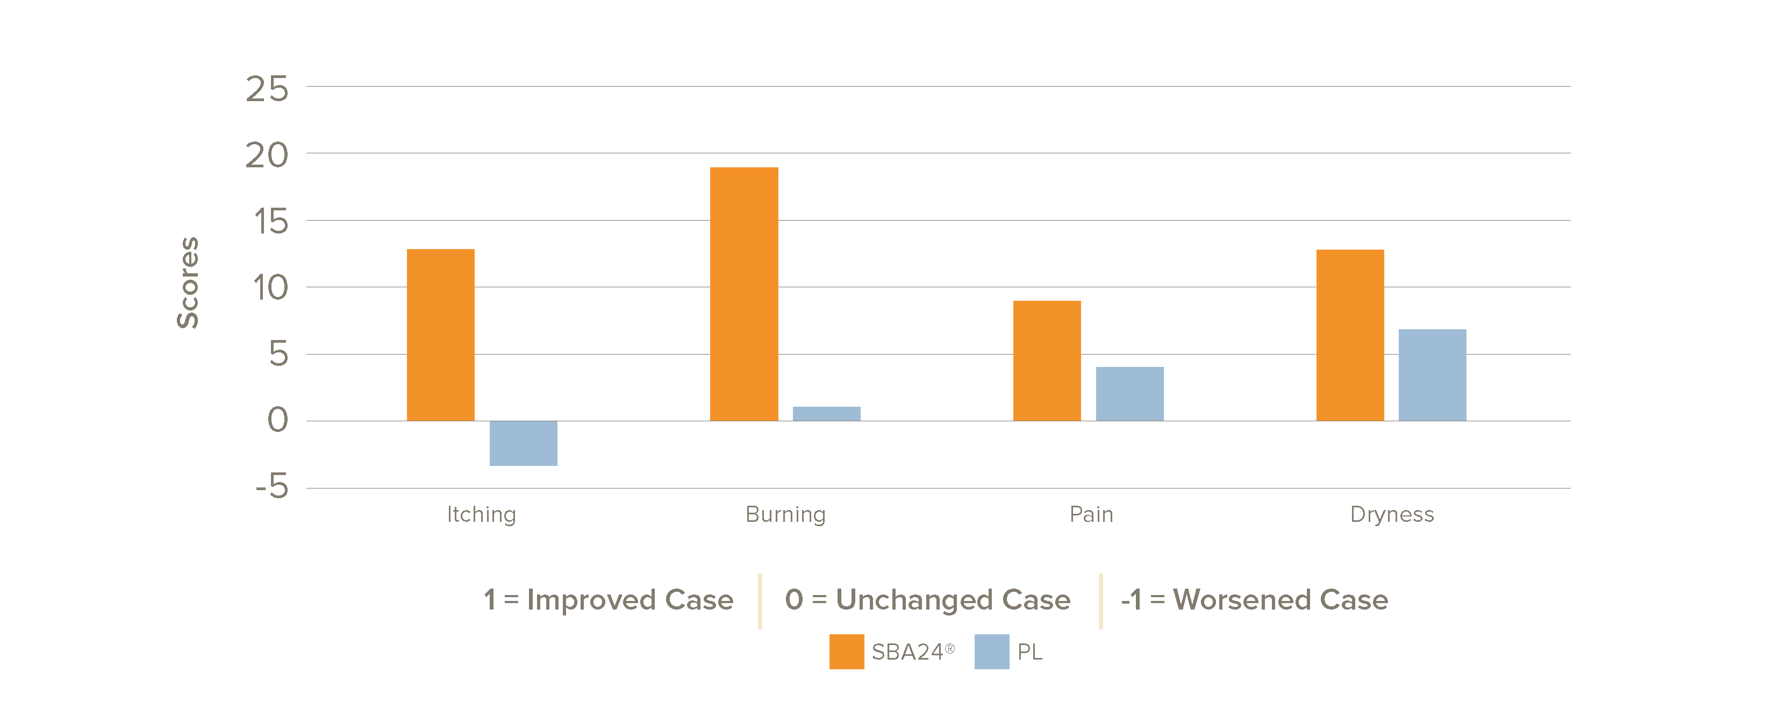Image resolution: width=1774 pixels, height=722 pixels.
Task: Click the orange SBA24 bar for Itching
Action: (441, 335)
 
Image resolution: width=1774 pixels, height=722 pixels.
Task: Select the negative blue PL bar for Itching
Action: (524, 443)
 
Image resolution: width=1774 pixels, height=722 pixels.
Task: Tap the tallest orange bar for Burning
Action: (744, 294)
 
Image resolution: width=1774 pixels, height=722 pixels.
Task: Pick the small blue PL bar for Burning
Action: (826, 413)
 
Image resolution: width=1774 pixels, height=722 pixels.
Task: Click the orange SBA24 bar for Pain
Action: (1047, 360)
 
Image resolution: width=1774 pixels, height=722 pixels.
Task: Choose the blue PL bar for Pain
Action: (1129, 393)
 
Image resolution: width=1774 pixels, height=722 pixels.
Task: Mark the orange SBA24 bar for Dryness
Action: (1350, 335)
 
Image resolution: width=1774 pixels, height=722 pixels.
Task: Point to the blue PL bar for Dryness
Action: (1433, 375)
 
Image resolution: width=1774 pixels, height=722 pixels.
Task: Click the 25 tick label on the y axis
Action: (267, 89)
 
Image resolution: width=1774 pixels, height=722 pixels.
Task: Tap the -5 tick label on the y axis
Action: (272, 486)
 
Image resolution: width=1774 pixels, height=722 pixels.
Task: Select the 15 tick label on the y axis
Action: (270, 222)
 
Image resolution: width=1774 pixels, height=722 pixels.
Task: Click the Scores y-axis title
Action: (187, 282)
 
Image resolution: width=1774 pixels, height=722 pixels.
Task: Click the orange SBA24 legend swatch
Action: (846, 651)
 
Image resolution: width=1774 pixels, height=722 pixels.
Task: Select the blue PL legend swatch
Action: (992, 651)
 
